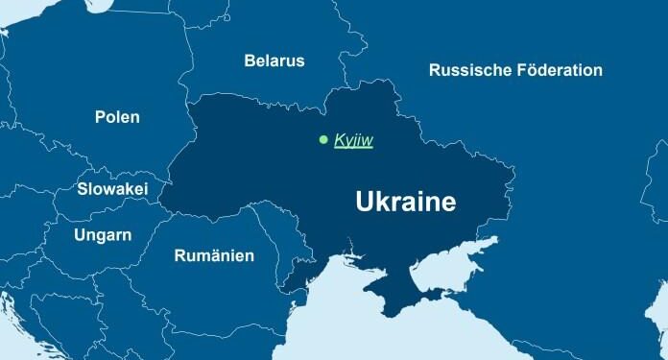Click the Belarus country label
tap(274, 60)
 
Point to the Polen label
tap(117, 117)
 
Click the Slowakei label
tap(112, 190)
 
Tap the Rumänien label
tap(214, 255)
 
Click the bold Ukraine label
tap(405, 203)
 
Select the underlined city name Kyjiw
tap(353, 141)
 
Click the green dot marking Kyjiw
tap(323, 140)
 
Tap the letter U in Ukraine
tap(365, 203)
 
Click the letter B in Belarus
tap(250, 60)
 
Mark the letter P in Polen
tap(100, 117)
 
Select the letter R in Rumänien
tap(179, 255)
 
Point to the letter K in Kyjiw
tap(338, 141)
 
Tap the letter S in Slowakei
tap(82, 190)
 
